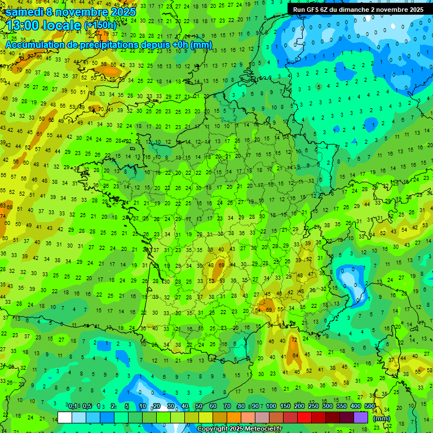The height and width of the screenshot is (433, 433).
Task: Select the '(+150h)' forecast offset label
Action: pos(100,25)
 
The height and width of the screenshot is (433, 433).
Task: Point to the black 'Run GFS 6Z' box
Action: pos(358,10)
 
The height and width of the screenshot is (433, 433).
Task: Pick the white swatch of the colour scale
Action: pos(65,417)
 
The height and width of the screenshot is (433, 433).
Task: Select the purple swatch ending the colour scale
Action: pos(361,417)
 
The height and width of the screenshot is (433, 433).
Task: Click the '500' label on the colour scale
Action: pos(370,406)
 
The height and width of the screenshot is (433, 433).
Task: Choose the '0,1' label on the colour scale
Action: pos(73,406)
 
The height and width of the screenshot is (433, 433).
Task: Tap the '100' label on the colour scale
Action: pos(271,406)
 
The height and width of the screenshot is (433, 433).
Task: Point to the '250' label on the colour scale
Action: pos(313,406)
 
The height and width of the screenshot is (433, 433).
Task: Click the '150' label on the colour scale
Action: pos(285,406)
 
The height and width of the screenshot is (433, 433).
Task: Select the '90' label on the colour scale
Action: pos(256,406)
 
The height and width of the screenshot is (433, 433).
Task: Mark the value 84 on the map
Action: pos(296,355)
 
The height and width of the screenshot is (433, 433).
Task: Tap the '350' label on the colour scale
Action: pos(342,406)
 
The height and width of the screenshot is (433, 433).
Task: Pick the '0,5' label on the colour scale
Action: pos(87,406)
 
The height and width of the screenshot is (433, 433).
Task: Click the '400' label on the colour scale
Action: pos(356,406)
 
